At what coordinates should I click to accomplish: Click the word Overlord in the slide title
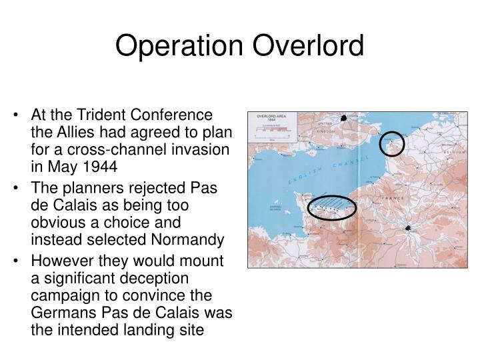[x=309, y=47]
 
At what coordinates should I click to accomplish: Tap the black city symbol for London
[x=344, y=119]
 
